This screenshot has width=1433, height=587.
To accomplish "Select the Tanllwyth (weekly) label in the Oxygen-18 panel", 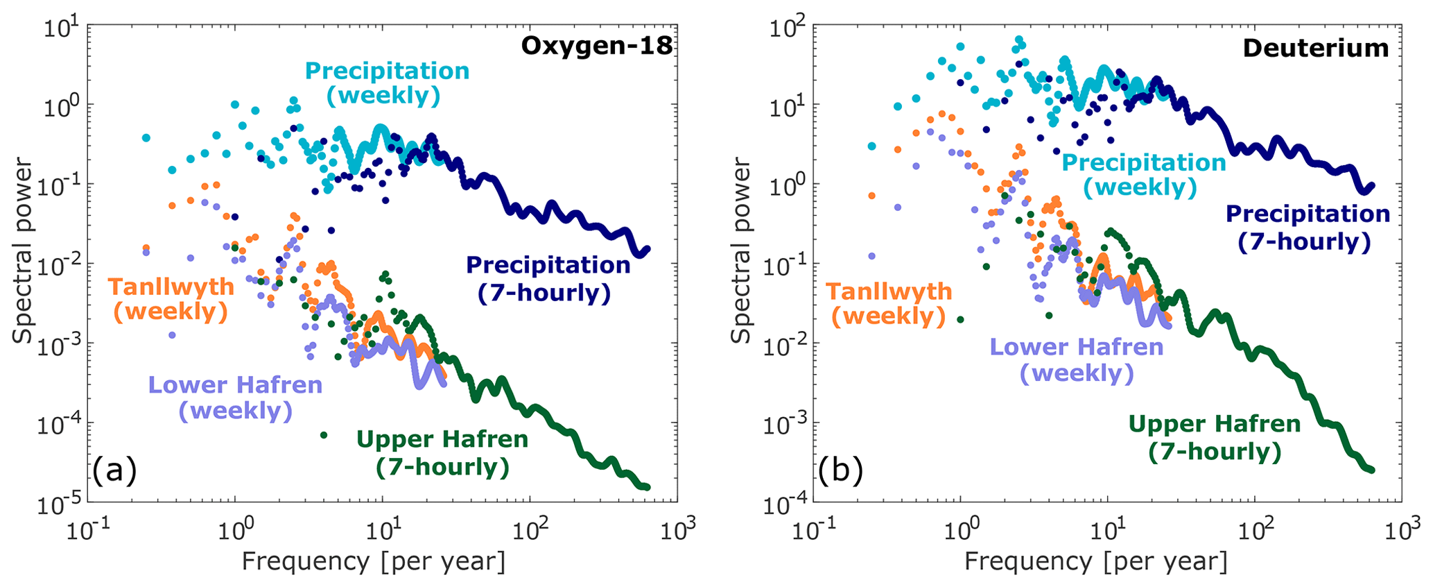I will point(171,299).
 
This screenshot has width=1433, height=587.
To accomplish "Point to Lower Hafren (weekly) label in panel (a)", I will point(236,398).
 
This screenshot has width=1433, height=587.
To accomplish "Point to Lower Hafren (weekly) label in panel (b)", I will point(1077,359).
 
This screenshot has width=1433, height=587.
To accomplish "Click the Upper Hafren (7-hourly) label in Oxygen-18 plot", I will point(442,452).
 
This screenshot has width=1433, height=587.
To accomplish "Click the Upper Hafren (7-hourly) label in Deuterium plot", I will point(1215,437).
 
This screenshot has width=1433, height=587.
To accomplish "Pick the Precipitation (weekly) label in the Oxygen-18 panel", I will point(387,83).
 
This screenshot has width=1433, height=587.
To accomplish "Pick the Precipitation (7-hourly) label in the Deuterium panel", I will point(1308,227).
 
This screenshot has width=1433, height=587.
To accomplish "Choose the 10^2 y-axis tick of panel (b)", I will point(788,28).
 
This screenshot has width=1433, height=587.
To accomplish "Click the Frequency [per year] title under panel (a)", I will point(373,561).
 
